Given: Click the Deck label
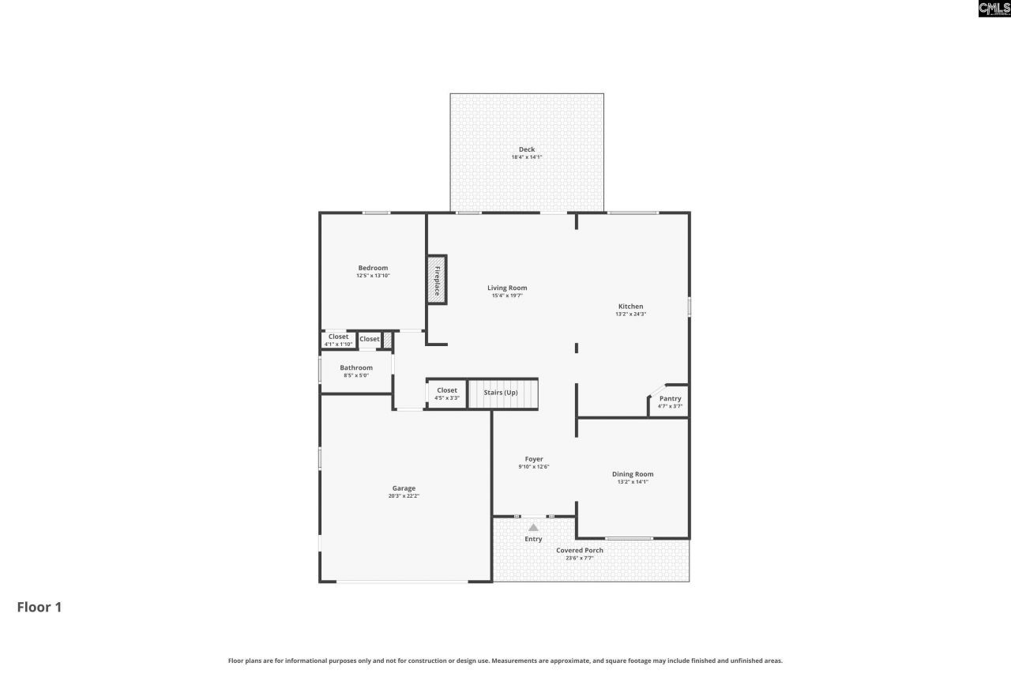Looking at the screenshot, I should [527, 149].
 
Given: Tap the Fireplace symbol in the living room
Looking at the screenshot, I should [436, 279].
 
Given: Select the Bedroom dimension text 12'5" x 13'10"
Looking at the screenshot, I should [373, 276].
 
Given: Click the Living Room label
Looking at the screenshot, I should [507, 288].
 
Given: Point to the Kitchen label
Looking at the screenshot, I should [630, 306].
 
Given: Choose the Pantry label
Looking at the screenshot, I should [670, 398].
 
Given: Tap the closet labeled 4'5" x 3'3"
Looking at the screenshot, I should [447, 393].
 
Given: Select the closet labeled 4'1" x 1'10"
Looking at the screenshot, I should [338, 340].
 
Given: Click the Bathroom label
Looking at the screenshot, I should [356, 367].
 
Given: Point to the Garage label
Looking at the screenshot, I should [404, 488].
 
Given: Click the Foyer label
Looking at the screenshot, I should [534, 459].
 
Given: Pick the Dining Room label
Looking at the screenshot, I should [633, 474].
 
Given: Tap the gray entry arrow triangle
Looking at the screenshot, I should [533, 527].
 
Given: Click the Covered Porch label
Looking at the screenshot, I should [580, 550].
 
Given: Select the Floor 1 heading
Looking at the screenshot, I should [39, 607].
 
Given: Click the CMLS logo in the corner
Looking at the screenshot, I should [994, 9].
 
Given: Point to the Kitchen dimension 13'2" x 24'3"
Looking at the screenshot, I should [630, 314].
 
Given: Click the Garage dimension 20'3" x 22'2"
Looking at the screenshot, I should [404, 496].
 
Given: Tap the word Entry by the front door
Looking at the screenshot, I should [534, 539].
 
